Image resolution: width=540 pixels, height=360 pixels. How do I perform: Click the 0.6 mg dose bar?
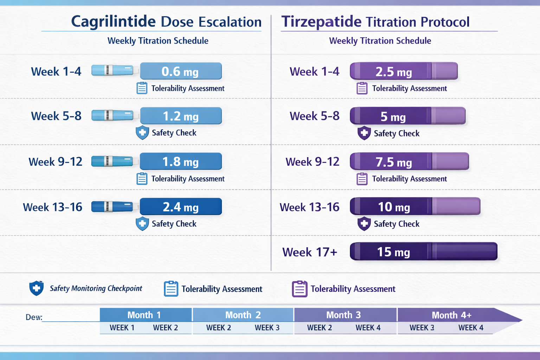tap(181, 71)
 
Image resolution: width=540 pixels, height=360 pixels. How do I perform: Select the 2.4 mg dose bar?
tap(181, 207)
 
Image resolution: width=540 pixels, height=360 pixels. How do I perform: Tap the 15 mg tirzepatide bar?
tap(423, 252)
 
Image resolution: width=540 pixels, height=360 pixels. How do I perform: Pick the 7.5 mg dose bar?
tap(409, 162)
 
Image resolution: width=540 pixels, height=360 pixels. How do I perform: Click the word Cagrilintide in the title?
tap(113, 21)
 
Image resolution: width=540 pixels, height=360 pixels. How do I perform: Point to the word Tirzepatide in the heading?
tap(321, 21)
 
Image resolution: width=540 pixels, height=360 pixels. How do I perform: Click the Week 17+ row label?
tap(310, 252)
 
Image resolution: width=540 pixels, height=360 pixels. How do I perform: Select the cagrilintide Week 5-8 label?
tap(56, 116)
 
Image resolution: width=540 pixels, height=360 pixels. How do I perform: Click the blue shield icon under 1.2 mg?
tap(142, 133)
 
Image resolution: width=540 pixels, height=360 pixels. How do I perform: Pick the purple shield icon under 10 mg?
tap(364, 224)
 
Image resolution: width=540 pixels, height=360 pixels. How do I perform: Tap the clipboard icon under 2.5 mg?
tap(362, 88)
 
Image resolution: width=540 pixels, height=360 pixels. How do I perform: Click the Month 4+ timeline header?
tap(451, 315)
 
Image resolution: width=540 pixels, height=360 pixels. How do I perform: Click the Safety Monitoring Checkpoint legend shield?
tap(36, 288)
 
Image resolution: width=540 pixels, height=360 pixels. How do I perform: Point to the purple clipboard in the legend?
tap(300, 289)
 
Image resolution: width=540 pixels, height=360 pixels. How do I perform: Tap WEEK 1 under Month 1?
tap(122, 328)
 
